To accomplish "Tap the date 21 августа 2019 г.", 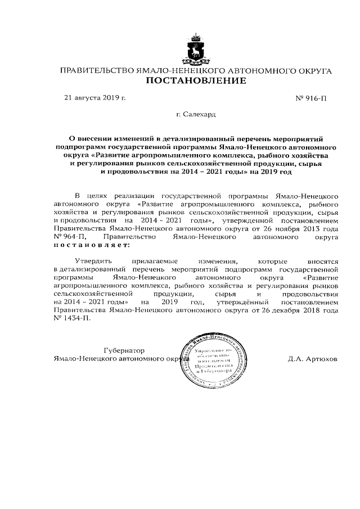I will pyautogui.click(x=95, y=98).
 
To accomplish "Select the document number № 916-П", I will pyautogui.click(x=310, y=98).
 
